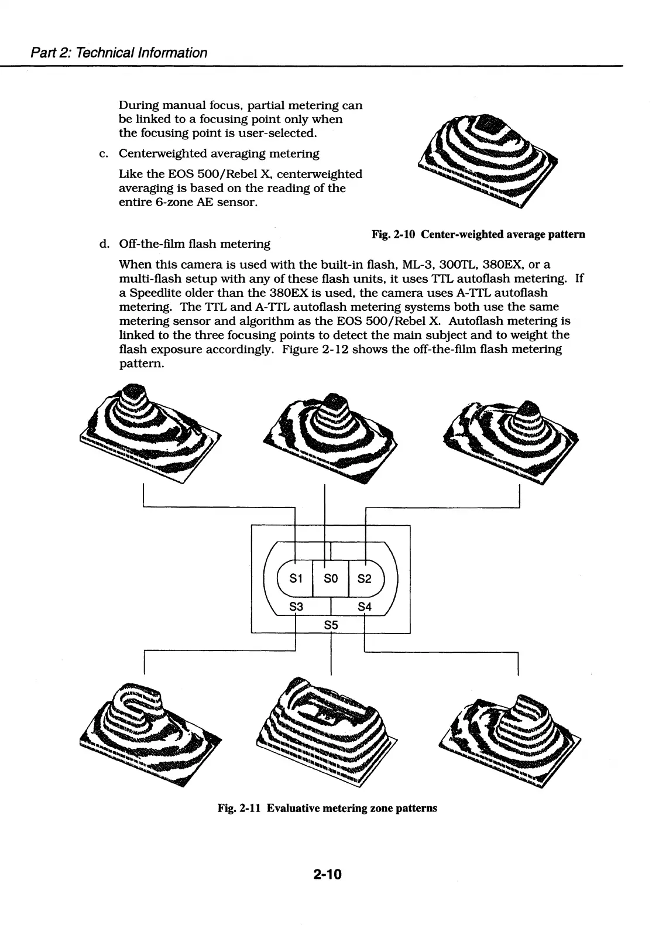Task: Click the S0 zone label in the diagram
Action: coord(331,578)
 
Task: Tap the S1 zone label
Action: coord(297,578)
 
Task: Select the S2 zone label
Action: coord(364,578)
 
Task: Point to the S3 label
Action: coord(297,607)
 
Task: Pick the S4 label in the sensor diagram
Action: coord(364,607)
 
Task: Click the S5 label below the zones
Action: coord(331,625)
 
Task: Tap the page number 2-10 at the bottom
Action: coord(327,875)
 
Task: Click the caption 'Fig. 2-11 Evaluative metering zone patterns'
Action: coord(327,808)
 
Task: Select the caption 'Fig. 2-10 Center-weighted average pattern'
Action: coord(478,234)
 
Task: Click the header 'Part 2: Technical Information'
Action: coord(119,53)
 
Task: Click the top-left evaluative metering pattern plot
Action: coord(149,431)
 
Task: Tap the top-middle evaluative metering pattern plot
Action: coord(331,433)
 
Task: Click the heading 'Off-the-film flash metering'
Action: coord(194,244)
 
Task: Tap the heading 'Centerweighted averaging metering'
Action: coord(219,153)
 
